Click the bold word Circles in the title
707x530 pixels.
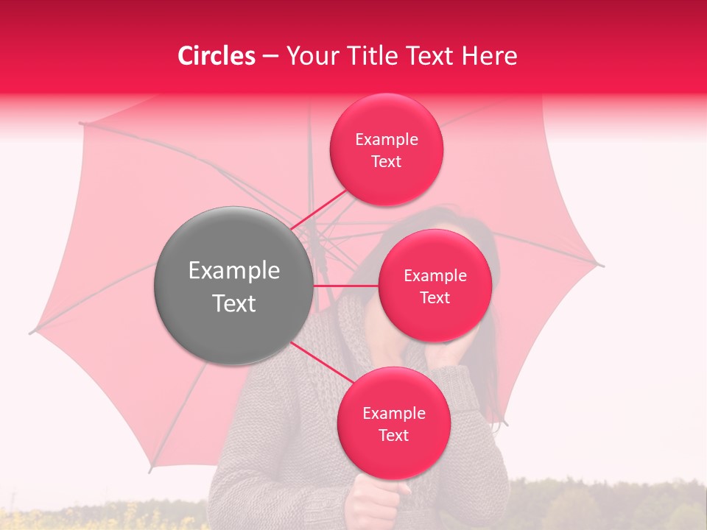click(x=217, y=56)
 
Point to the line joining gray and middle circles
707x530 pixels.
click(x=346, y=286)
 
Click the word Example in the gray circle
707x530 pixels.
click(x=233, y=271)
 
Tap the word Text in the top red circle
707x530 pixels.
click(x=386, y=161)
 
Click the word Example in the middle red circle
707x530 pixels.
click(x=435, y=276)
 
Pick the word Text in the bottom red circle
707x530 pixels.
click(x=393, y=435)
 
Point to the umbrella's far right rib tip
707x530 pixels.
click(x=602, y=265)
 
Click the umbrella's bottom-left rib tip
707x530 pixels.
click(x=150, y=471)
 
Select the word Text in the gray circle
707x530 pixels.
click(x=233, y=303)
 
